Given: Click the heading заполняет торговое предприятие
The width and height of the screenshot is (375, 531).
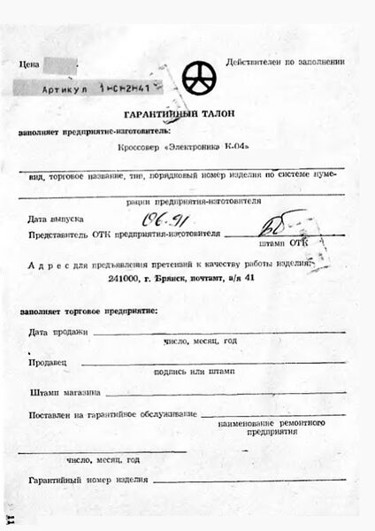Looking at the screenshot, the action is (88, 312).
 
